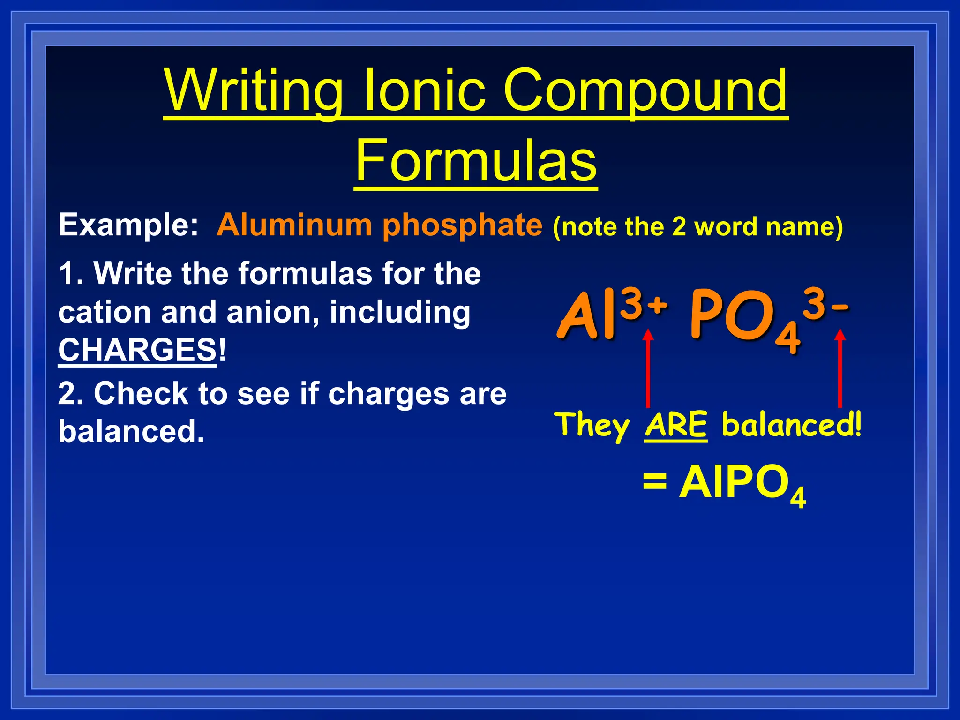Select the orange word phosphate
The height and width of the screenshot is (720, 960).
462,225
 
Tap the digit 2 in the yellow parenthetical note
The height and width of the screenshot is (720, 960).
679,227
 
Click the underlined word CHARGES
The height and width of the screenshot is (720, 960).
137,350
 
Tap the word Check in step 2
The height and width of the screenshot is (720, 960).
141,393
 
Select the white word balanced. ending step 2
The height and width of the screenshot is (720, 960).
131,431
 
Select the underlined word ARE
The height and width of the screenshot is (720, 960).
676,425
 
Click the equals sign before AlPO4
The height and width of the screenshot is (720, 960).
654,482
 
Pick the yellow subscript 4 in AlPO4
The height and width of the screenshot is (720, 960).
798,497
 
